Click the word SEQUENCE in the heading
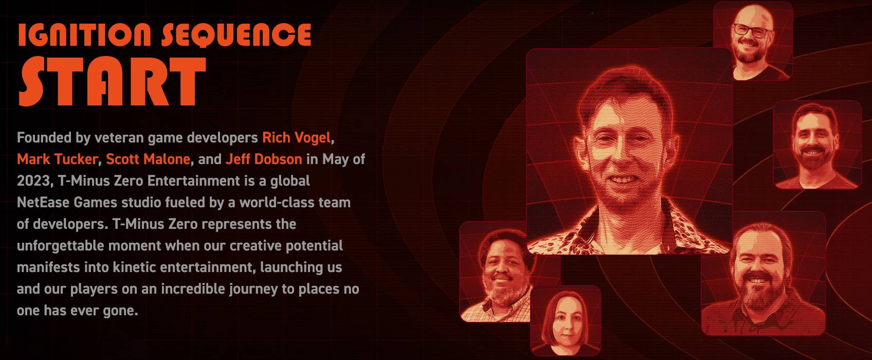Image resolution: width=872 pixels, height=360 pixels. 237,34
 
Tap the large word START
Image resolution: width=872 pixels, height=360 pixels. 112,81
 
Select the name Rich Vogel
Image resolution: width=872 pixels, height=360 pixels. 296,137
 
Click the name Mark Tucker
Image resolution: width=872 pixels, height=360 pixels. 57,159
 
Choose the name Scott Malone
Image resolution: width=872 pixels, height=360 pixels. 148,159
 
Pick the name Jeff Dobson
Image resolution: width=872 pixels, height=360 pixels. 264,159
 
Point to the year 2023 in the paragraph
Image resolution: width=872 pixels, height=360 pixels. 34,181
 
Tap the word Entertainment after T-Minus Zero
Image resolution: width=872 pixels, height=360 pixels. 194,181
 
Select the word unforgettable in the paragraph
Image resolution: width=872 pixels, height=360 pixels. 61,246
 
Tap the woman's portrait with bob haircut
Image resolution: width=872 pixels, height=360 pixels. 566,320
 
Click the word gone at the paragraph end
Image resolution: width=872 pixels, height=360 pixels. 120,311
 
